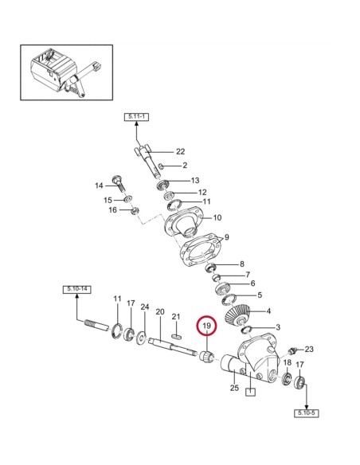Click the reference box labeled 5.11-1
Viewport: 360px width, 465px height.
pos(137,117)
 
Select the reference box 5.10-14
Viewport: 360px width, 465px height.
pos(76,288)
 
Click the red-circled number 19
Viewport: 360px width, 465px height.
pos(206,326)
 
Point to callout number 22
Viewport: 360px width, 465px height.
pos(180,151)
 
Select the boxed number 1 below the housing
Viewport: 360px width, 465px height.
pos(250,392)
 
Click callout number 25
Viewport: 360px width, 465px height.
pos(234,388)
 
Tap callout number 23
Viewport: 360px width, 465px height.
pos(310,349)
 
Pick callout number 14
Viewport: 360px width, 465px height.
pos(100,186)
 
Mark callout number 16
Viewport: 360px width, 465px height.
pos(112,209)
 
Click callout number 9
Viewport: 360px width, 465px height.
pos(226,237)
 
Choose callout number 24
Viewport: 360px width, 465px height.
pos(144,307)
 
